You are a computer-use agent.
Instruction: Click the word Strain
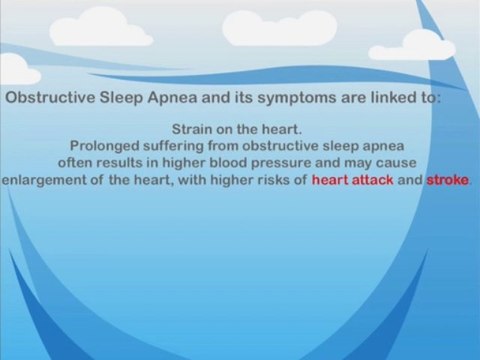[192, 130]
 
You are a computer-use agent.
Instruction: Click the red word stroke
[448, 180]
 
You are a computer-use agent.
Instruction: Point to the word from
[223, 146]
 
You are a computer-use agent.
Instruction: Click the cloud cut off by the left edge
[18, 68]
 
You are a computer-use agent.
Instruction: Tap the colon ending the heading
[438, 99]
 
